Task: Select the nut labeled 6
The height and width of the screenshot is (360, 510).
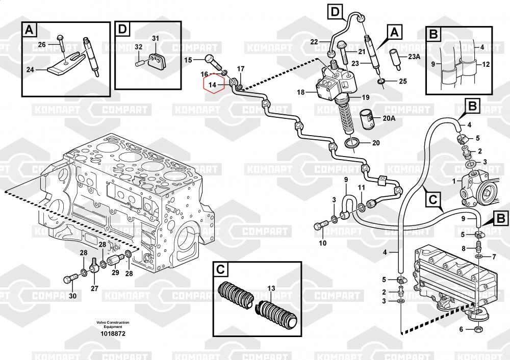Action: click(479, 329)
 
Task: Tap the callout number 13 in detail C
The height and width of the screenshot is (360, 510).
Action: click(271, 288)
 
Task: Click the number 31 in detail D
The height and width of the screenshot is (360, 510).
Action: click(156, 38)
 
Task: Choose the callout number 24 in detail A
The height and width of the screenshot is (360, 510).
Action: click(31, 70)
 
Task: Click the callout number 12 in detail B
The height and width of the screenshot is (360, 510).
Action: click(486, 64)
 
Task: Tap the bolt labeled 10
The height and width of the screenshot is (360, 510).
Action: click(323, 225)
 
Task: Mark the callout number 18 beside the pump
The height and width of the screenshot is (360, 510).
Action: click(300, 92)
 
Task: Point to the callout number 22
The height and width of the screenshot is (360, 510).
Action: click(314, 41)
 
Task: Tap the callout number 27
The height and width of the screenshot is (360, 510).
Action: click(94, 289)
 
